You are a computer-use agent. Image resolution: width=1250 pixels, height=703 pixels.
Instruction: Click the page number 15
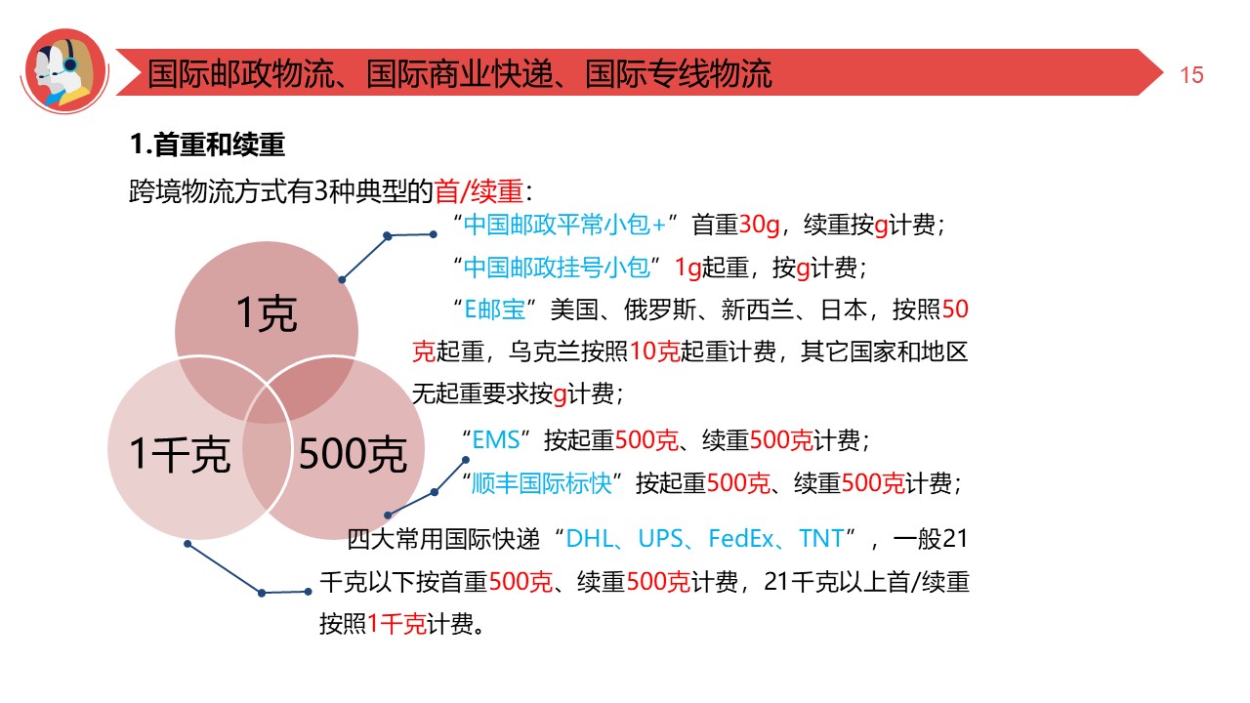1191,75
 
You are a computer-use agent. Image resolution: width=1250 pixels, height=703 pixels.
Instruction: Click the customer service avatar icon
64,69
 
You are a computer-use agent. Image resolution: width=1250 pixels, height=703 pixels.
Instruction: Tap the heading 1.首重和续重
207,146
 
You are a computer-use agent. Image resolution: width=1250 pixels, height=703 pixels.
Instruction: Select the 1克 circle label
267,314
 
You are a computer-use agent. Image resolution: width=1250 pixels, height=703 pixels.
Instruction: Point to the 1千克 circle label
180,455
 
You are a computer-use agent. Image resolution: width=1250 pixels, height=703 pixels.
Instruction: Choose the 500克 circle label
352,455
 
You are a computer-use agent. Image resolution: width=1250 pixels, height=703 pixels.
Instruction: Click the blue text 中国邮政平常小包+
564,226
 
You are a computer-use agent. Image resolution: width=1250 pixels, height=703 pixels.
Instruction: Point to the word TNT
821,539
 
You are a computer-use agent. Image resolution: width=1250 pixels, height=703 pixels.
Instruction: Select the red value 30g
760,226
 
